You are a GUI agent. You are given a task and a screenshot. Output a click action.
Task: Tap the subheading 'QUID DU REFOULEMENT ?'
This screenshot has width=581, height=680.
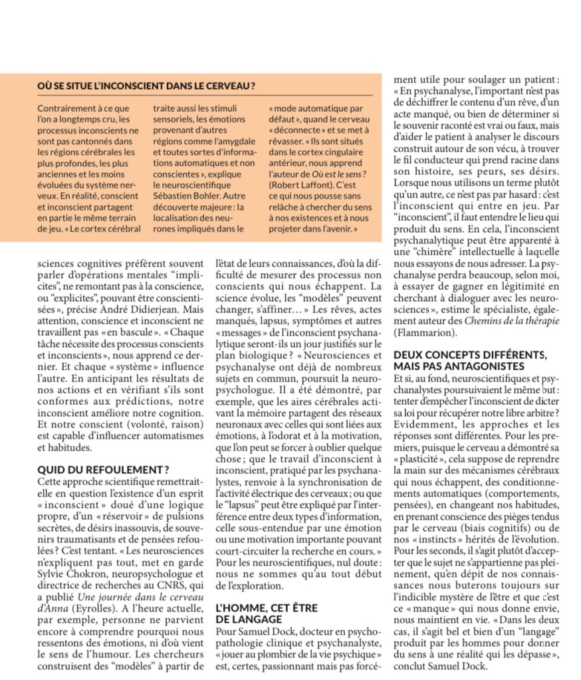tap(103, 469)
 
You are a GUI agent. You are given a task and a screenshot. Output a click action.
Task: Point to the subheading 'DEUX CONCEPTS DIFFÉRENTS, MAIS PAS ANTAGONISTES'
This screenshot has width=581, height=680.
tap(470, 361)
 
